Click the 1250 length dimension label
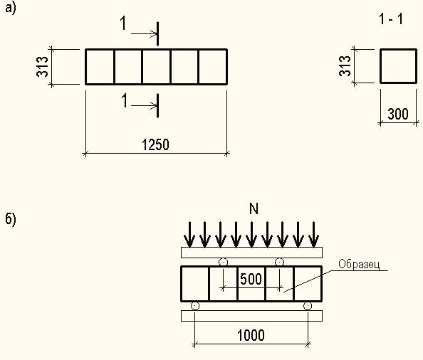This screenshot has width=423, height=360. [x=155, y=144]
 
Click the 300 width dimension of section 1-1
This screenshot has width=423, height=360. [x=398, y=114]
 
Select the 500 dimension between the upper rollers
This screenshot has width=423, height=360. [x=251, y=279]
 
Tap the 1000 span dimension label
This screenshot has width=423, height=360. [x=251, y=336]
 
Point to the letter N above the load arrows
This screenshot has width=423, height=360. [x=254, y=208]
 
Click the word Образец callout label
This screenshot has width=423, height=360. [x=359, y=265]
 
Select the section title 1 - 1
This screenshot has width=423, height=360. [x=391, y=19]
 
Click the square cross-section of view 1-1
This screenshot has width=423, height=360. [x=399, y=49]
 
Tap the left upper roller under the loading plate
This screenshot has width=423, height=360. [x=223, y=262]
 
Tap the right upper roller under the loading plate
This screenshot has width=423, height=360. [x=279, y=262]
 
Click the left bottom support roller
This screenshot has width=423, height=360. [x=195, y=306]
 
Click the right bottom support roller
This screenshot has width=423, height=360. [x=308, y=306]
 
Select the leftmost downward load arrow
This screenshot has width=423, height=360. [x=189, y=235]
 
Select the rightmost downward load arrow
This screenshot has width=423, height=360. [x=313, y=235]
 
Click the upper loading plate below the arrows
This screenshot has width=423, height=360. [x=251, y=253]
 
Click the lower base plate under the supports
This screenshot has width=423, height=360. [x=251, y=316]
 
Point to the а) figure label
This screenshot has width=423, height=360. [x=11, y=8]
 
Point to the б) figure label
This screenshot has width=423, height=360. [x=11, y=219]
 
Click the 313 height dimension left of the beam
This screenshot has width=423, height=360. [x=42, y=67]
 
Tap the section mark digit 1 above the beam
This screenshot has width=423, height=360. [x=123, y=23]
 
